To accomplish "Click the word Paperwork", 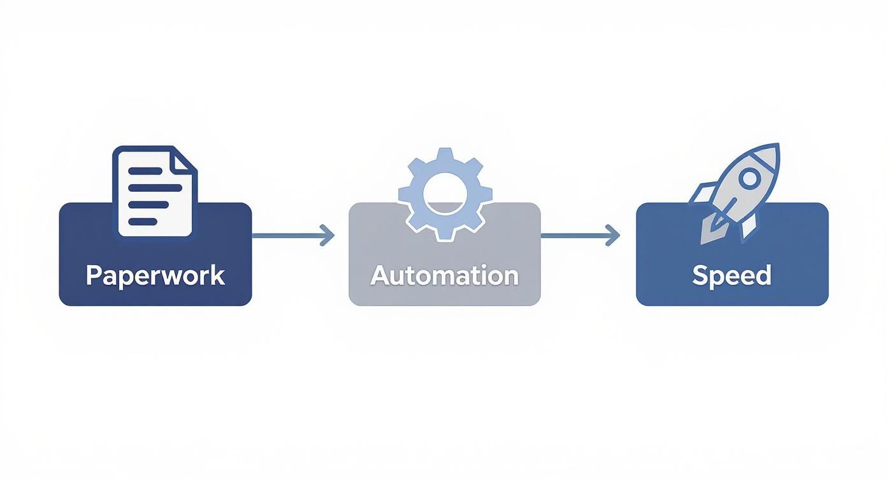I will (155, 275).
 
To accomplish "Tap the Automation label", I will (444, 275).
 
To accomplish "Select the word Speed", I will (732, 275).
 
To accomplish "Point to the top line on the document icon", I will (145, 171).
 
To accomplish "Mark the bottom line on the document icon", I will (143, 221).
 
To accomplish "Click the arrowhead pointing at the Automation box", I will (328, 235).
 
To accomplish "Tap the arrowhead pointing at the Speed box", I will (614, 235).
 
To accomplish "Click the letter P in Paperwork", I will (94, 275).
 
